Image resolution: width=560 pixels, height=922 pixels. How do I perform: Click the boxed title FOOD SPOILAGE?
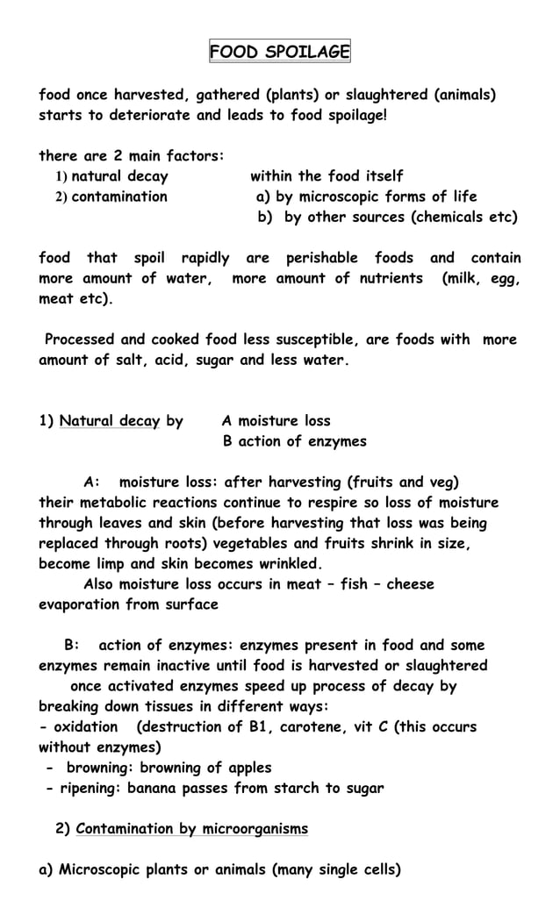coord(279,52)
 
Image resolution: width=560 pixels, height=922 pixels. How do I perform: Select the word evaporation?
coord(80,604)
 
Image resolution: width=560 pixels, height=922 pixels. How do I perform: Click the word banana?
coord(154,788)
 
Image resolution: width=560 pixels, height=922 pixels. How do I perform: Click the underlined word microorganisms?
coord(255,829)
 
